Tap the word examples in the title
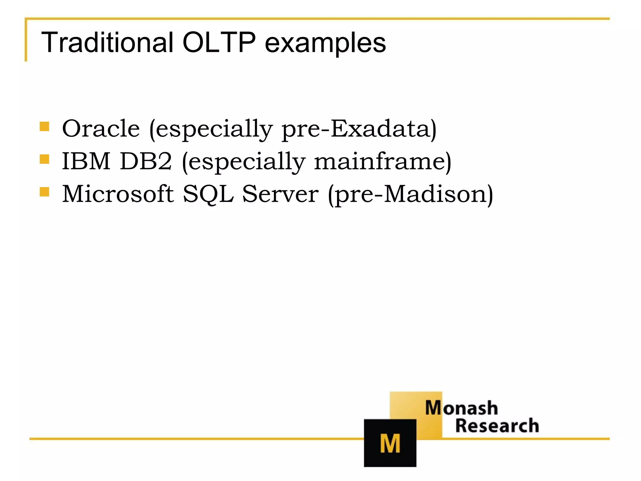click(x=325, y=43)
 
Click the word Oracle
click(x=101, y=129)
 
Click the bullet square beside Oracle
click(x=44, y=127)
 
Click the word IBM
click(x=86, y=161)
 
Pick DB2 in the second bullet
click(x=146, y=161)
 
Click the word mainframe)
click(x=382, y=161)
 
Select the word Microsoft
click(x=118, y=194)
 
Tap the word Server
click(x=280, y=194)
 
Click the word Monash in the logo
click(x=461, y=408)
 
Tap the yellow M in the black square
click(x=390, y=443)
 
